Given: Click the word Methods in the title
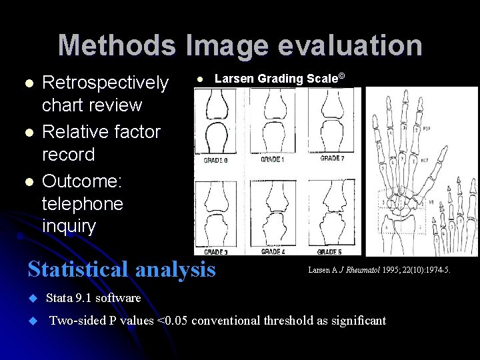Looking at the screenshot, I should coord(117,45).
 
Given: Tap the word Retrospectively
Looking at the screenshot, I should coord(105,83).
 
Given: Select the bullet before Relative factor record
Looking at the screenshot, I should coord(28,132).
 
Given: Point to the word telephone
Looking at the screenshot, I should coord(82,203).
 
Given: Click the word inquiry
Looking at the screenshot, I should coord(69,226).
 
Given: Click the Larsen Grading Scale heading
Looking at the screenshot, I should coord(279,79).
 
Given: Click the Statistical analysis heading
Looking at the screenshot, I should coord(121,269).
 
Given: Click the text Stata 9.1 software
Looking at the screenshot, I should coord(93,298).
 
